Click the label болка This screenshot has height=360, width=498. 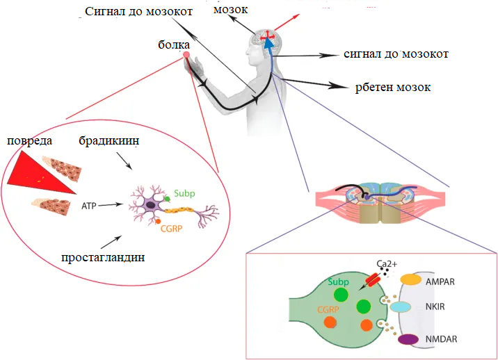tap(174, 44)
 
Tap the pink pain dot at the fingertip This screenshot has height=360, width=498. tap(186, 55)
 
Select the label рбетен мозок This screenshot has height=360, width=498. tap(393, 88)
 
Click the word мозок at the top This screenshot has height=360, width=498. tap(231, 10)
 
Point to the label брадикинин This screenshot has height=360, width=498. tap(109, 140)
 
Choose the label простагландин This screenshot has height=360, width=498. tap(103, 257)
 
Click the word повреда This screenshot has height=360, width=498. tap(29, 140)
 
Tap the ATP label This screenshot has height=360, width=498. tap(88, 206)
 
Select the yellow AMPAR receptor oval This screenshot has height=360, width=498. tap(410, 279)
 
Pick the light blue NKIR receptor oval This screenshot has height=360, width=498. tap(400, 307)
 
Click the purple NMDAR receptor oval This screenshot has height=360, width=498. tap(408, 339)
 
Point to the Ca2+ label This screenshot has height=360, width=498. tap(387, 264)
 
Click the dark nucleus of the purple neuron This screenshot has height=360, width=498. tap(150, 205)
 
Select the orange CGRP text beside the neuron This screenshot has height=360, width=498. tap(172, 229)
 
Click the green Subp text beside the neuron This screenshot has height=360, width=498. tap(184, 193)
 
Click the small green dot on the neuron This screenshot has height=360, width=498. tap(167, 199)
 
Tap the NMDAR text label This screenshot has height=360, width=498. tap(441, 339)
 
